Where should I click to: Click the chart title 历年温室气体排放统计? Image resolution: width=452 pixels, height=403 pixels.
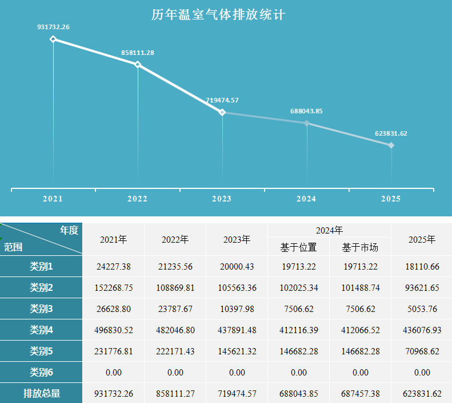(x=218, y=15)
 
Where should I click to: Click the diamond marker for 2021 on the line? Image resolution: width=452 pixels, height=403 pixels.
(x=53, y=39)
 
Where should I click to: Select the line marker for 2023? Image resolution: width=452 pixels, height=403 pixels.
(x=222, y=112)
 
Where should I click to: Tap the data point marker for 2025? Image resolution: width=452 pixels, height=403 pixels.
(x=391, y=145)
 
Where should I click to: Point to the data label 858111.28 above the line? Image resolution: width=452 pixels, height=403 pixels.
(x=138, y=53)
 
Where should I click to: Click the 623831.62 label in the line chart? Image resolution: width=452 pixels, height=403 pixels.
(x=391, y=133)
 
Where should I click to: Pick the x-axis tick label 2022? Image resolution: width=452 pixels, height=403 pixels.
(x=137, y=199)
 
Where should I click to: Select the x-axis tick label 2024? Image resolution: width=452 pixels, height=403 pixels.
(x=306, y=199)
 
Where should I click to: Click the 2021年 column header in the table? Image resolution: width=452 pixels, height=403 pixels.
(x=114, y=239)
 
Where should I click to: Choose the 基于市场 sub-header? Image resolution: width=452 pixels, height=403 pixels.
(x=360, y=247)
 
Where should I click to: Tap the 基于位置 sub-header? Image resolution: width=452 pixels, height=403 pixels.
(x=298, y=247)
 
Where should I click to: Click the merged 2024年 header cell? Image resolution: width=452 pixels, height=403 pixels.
(x=329, y=230)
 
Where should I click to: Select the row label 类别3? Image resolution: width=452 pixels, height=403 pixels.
(x=41, y=309)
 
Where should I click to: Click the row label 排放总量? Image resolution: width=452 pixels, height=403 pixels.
(x=41, y=393)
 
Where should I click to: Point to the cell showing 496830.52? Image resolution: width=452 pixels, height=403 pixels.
(x=114, y=330)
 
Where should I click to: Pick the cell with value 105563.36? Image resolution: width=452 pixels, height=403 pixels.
(x=237, y=288)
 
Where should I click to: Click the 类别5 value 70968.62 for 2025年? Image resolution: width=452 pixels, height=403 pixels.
(x=422, y=351)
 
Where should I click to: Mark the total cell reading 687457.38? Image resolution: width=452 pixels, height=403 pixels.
(x=360, y=394)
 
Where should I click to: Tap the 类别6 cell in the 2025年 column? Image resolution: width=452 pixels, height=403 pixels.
(x=422, y=373)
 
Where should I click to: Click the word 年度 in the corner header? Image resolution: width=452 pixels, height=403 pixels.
(x=69, y=230)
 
